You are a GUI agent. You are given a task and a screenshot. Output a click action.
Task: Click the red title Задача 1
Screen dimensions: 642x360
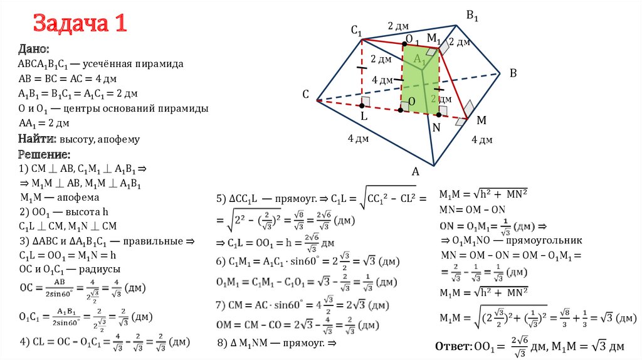[x=80, y=24]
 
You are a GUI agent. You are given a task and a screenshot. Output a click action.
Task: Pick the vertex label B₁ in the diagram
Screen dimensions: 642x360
[x=472, y=15]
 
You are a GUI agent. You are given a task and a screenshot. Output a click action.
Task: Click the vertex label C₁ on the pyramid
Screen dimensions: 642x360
[x=357, y=30]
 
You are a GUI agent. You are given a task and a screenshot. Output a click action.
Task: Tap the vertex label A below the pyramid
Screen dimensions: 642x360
[x=414, y=171]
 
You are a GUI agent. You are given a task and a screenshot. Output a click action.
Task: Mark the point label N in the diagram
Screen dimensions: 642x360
[x=436, y=126]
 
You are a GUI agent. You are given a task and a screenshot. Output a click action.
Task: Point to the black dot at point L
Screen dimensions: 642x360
[x=362, y=107]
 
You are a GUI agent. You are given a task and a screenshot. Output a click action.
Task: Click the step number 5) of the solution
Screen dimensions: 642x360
[x=221, y=199]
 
